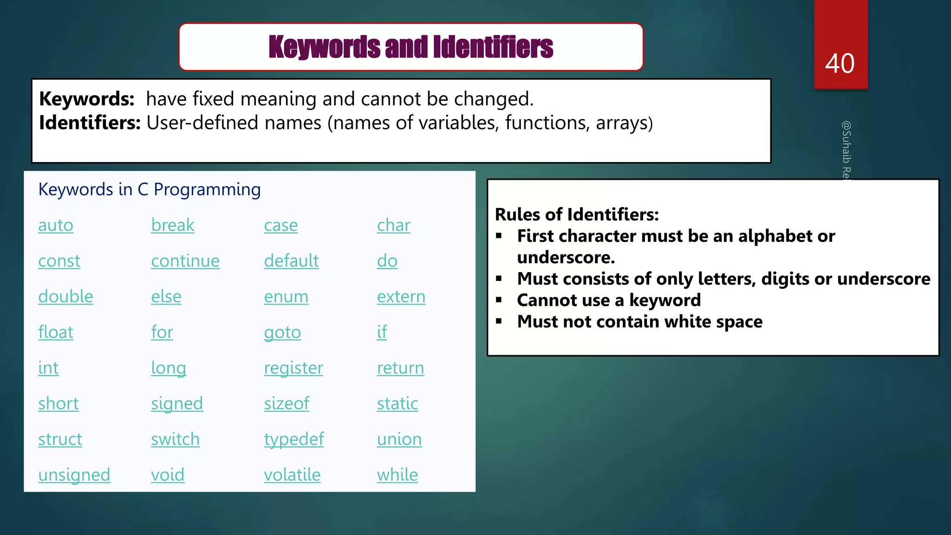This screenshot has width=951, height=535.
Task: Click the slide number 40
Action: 840,64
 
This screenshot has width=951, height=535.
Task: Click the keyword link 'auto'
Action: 56,226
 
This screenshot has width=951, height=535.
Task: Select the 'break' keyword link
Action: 172,226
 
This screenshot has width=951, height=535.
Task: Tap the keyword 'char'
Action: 393,226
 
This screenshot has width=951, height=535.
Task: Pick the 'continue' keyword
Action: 185,261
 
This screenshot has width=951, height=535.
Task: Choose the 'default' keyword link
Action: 291,261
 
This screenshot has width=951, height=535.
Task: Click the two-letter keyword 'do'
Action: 387,261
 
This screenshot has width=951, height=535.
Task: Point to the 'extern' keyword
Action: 401,297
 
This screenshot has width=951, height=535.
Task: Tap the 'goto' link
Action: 282,333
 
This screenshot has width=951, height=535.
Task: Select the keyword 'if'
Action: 382,333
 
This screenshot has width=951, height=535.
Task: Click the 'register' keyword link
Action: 293,368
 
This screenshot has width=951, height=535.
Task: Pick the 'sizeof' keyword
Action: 286,404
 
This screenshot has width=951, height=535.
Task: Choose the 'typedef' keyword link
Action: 293,439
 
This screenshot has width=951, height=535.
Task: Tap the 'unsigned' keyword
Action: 74,475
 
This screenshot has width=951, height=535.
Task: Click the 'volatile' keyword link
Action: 292,475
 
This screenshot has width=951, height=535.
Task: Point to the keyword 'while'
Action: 397,475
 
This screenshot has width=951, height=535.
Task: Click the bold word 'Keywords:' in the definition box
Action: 87,99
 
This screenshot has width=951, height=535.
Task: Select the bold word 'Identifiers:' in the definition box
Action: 90,123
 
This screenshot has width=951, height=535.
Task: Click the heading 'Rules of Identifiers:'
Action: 577,215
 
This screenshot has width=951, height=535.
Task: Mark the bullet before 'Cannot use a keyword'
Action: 499,300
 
